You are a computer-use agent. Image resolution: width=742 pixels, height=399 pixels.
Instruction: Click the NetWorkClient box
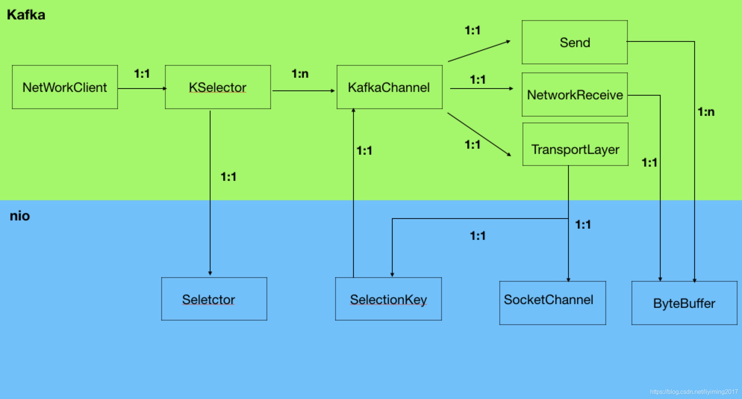tap(65, 87)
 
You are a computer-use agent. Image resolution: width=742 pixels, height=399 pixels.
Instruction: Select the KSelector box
tap(218, 87)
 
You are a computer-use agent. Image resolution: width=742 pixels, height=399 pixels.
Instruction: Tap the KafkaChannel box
tap(389, 87)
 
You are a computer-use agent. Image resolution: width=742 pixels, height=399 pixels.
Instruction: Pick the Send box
tap(574, 42)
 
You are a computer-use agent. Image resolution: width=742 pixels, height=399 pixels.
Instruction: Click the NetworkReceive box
tap(574, 95)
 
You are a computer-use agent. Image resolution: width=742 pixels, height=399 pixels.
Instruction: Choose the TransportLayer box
tap(575, 145)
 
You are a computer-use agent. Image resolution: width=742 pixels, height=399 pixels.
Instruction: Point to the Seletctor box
tap(214, 299)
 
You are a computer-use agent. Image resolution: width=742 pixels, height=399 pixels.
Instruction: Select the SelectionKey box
tap(388, 299)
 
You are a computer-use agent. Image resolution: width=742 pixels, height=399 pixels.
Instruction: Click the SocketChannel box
tap(552, 303)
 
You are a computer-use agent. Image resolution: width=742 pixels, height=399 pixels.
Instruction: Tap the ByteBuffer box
tap(684, 303)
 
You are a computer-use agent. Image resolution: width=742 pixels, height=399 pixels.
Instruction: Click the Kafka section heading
tap(26, 15)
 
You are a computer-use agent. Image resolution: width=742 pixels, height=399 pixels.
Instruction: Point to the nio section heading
tap(20, 216)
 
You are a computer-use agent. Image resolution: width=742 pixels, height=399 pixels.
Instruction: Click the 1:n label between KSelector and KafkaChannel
tap(300, 74)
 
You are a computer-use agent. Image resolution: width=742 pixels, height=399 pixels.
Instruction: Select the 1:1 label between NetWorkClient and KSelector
tap(142, 74)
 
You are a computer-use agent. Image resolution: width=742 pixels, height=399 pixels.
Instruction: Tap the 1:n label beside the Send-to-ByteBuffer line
tap(706, 112)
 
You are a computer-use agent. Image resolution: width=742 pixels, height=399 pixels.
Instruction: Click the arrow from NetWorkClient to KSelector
tap(142, 89)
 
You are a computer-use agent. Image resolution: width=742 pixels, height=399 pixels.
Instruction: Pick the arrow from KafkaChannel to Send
tap(479, 51)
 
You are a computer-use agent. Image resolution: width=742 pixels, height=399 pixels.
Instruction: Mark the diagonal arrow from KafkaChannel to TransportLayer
tap(479, 134)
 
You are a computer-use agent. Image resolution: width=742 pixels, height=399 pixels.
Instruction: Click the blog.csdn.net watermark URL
tap(693, 392)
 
